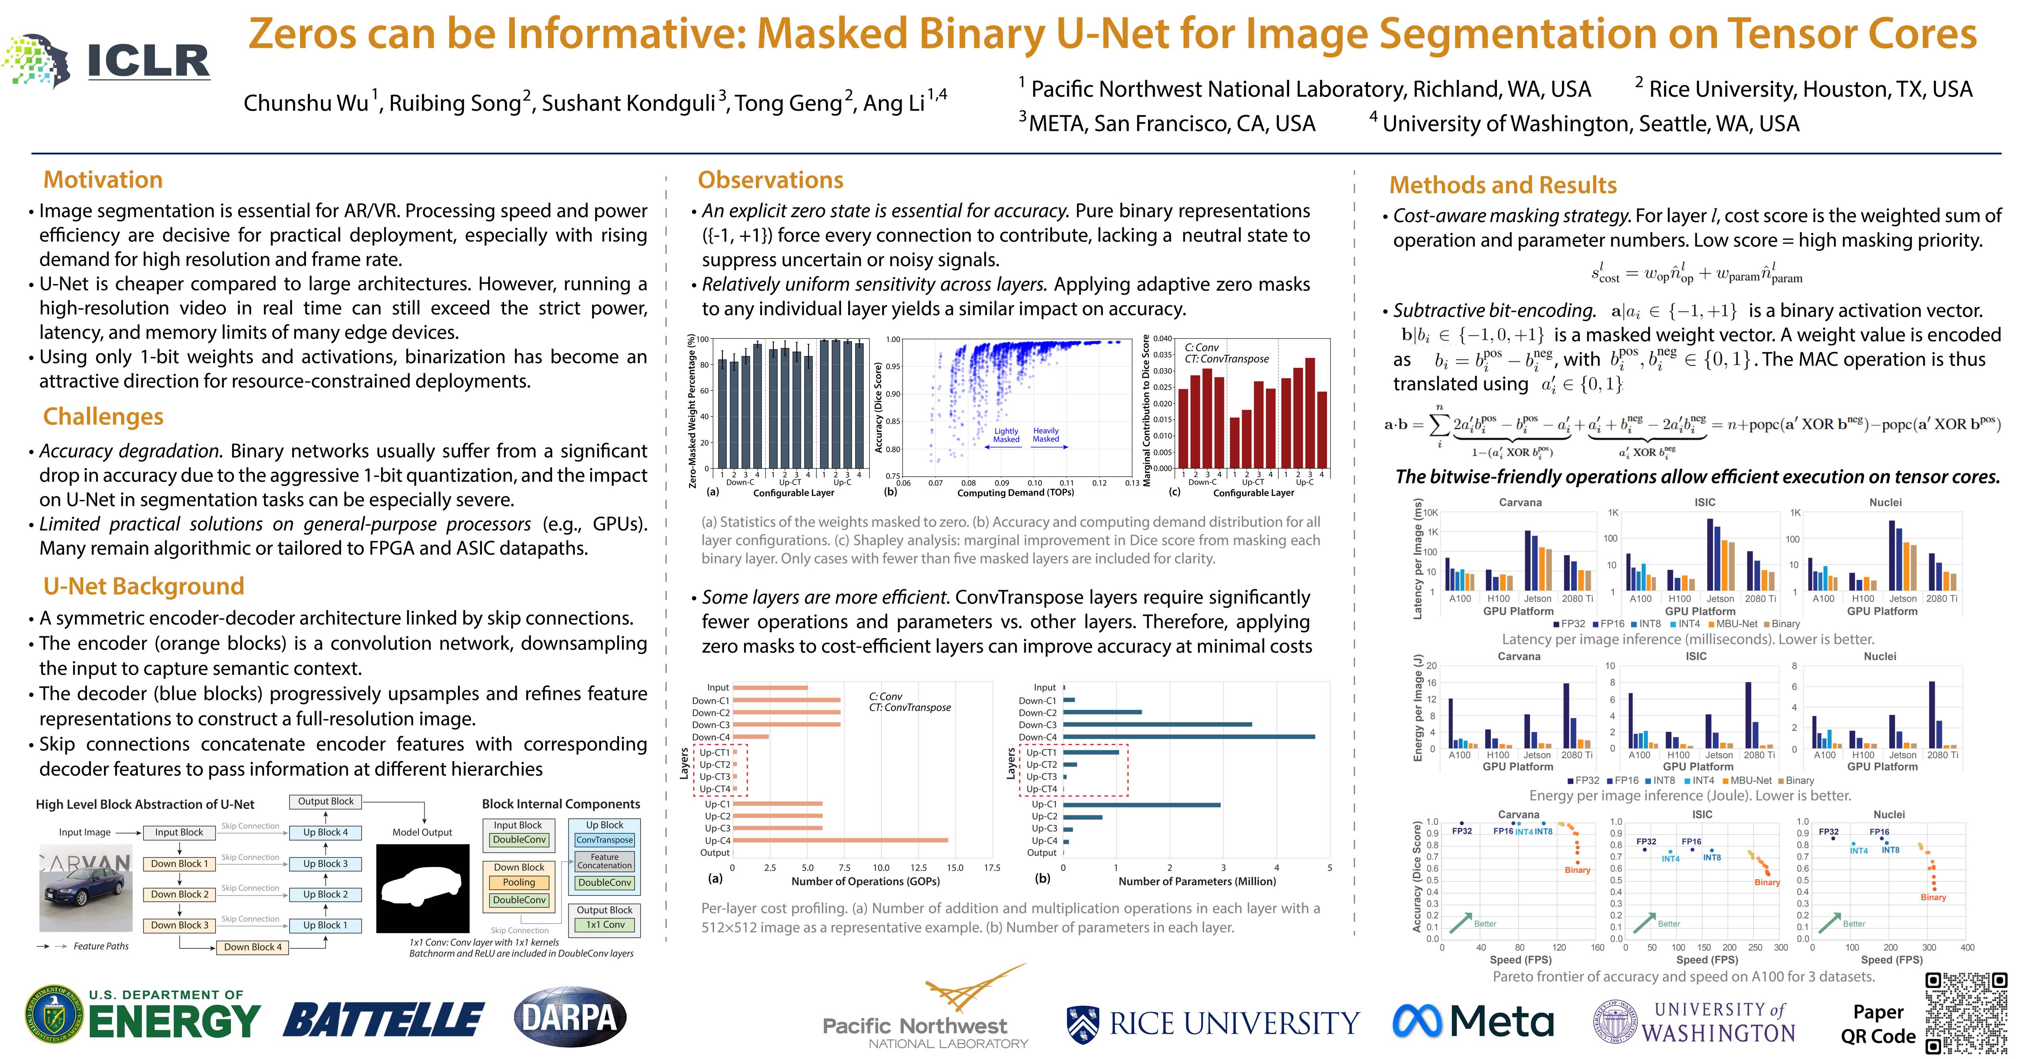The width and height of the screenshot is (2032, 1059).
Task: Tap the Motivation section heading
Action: point(102,180)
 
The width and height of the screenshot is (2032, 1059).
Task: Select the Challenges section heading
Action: point(103,416)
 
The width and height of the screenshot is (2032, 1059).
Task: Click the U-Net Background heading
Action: point(144,586)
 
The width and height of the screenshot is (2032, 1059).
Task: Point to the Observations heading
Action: point(770,180)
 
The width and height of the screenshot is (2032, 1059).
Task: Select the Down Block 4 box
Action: point(252,947)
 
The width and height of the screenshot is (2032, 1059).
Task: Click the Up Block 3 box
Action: point(325,863)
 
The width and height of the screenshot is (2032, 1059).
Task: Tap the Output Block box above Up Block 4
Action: point(326,801)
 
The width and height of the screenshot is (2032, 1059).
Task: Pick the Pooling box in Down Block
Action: point(519,882)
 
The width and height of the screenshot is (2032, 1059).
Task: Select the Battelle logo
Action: point(383,1018)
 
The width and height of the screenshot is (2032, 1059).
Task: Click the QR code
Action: point(1966,1013)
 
